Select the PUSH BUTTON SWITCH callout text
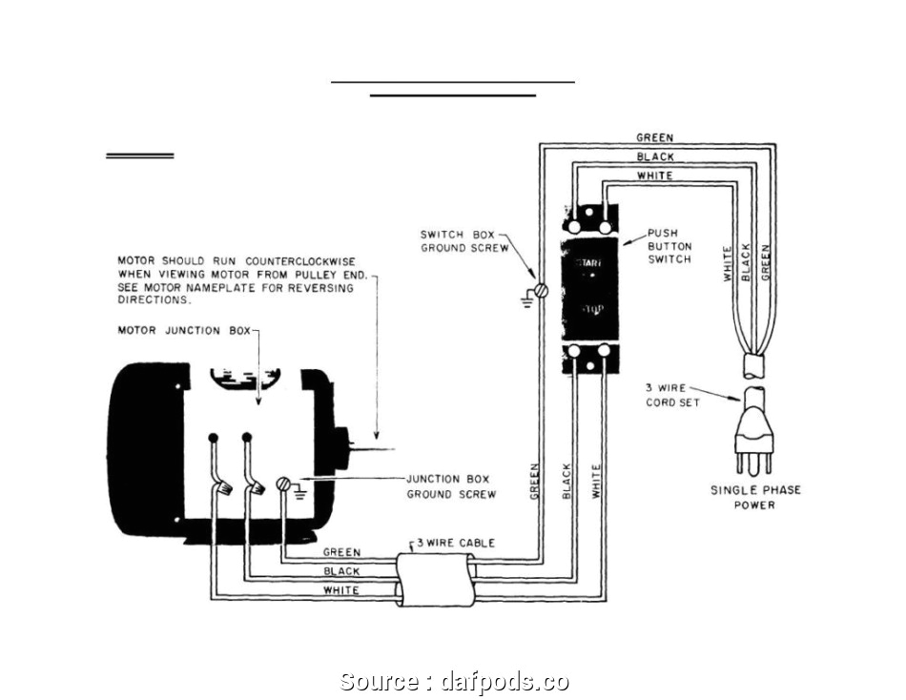669,246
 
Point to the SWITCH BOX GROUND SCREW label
458,241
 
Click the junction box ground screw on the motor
283,484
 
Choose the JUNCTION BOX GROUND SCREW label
451,486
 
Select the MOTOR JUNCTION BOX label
183,330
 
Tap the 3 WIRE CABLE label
453,543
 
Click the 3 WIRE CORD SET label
671,395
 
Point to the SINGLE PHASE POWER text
754,497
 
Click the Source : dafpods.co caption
454,681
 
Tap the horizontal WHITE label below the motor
341,590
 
